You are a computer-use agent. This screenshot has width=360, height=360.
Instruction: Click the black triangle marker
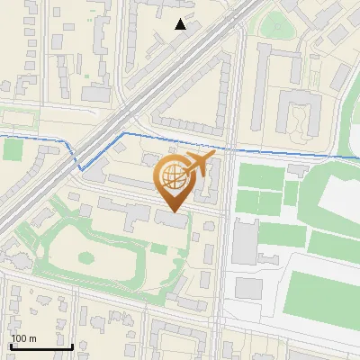(181, 24)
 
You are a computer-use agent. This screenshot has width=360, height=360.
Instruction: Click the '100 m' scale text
(23, 338)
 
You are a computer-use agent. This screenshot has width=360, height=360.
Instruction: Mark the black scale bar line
(41, 346)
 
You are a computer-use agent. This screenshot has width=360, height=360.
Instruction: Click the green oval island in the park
(85, 257)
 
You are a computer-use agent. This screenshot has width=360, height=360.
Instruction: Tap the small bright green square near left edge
(13, 148)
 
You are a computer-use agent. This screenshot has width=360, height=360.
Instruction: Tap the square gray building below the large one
(249, 289)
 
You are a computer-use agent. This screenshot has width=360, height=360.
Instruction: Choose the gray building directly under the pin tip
(171, 219)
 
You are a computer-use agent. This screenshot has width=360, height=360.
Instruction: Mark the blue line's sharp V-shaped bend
(81, 167)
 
